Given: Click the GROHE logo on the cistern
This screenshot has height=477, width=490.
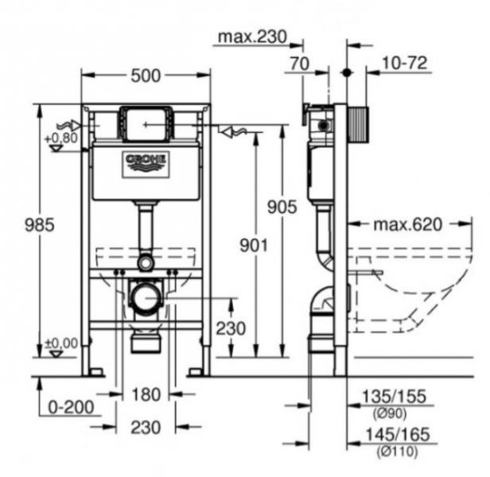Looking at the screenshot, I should tap(146, 162).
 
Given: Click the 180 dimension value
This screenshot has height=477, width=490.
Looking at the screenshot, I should tap(146, 394).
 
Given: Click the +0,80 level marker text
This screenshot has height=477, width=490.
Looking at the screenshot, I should tap(61, 138).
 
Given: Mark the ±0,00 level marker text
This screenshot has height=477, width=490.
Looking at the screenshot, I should tap(61, 343).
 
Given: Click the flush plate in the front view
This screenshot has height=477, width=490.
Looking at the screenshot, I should tap(146, 123).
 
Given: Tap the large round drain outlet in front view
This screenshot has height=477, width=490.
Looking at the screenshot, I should tap(146, 299).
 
